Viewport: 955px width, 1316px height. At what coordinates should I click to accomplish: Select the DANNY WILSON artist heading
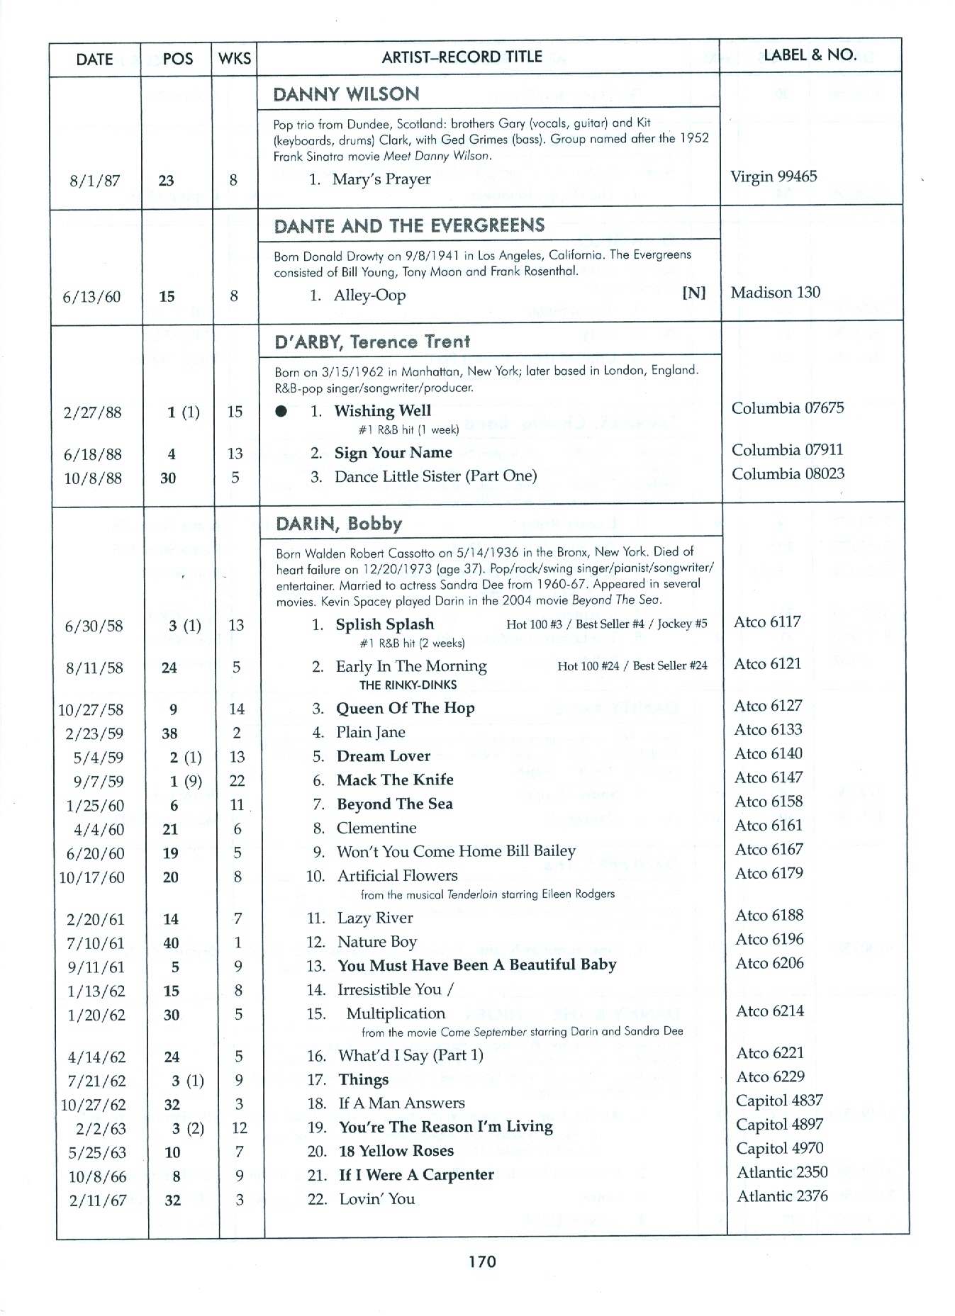point(346,94)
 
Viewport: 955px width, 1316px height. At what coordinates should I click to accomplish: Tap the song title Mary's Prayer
point(381,179)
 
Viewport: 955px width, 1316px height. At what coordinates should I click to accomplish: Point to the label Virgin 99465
point(774,176)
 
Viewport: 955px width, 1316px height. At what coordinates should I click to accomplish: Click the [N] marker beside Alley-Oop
point(693,293)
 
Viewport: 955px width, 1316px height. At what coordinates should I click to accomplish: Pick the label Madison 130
point(775,293)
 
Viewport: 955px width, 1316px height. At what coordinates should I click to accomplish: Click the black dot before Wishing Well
point(281,412)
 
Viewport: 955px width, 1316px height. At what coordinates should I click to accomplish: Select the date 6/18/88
point(93,454)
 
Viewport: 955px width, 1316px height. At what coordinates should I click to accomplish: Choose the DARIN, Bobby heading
point(339,524)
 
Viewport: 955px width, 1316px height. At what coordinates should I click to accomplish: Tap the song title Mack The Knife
point(395,780)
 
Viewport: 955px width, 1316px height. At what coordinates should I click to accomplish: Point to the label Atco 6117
point(767,622)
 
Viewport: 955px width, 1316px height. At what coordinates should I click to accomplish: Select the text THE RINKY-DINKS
point(408,685)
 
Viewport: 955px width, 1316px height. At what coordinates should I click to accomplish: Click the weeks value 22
point(237,781)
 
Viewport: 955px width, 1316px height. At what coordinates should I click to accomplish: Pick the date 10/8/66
point(97,1177)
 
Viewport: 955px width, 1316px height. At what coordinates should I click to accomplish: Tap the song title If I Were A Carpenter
point(416,1175)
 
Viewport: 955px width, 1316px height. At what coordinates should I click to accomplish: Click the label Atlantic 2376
point(782,1196)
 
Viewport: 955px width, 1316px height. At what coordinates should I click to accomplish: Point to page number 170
point(481,1261)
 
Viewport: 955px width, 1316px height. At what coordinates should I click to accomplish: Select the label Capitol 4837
point(779,1101)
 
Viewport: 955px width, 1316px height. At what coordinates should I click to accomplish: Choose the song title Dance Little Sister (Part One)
point(435,477)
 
